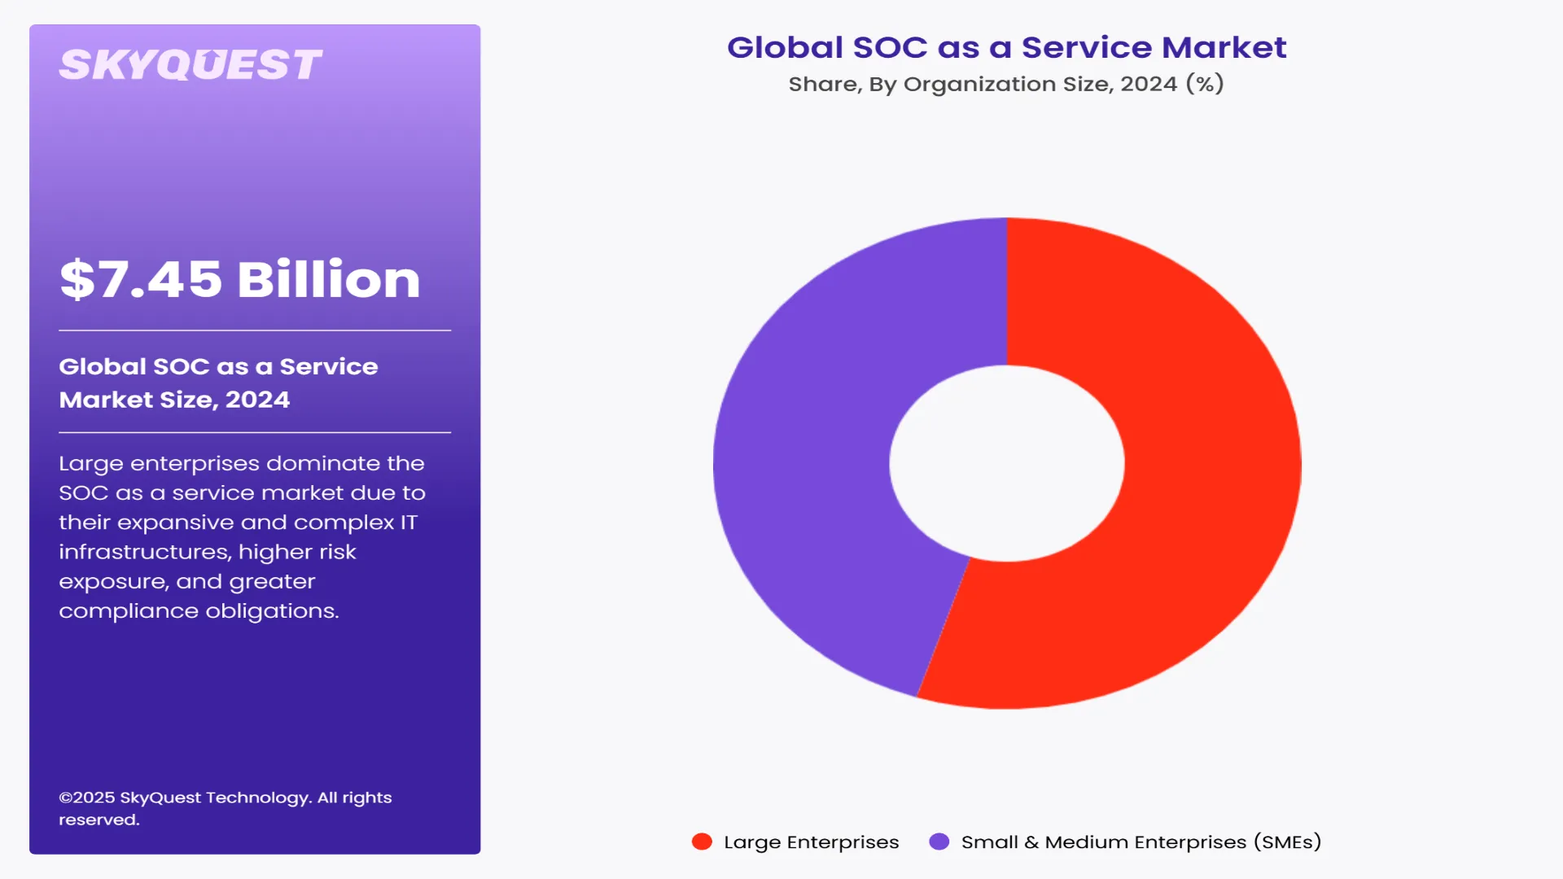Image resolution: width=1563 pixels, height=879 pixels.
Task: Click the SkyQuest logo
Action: tap(190, 65)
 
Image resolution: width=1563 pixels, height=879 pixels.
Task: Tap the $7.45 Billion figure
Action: tap(239, 279)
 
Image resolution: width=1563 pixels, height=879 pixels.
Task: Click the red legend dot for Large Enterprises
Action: tap(702, 842)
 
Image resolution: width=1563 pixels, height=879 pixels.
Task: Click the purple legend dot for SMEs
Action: tap(939, 842)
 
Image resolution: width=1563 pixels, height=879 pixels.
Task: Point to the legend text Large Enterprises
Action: tap(811, 842)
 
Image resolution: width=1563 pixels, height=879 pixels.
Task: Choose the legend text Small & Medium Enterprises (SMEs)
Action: tap(1141, 842)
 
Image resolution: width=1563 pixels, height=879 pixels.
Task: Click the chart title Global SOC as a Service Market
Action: tap(1006, 47)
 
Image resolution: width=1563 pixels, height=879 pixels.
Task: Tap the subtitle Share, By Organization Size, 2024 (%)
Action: tap(1006, 84)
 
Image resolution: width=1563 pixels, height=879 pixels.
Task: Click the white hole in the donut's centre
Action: tap(1007, 463)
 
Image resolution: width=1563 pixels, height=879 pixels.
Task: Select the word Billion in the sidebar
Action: tap(329, 279)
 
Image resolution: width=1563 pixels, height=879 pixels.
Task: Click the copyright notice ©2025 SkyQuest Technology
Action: tap(225, 798)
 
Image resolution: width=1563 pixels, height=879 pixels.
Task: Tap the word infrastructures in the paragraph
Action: tap(144, 552)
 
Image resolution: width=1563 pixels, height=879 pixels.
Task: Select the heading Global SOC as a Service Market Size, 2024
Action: tap(218, 383)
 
